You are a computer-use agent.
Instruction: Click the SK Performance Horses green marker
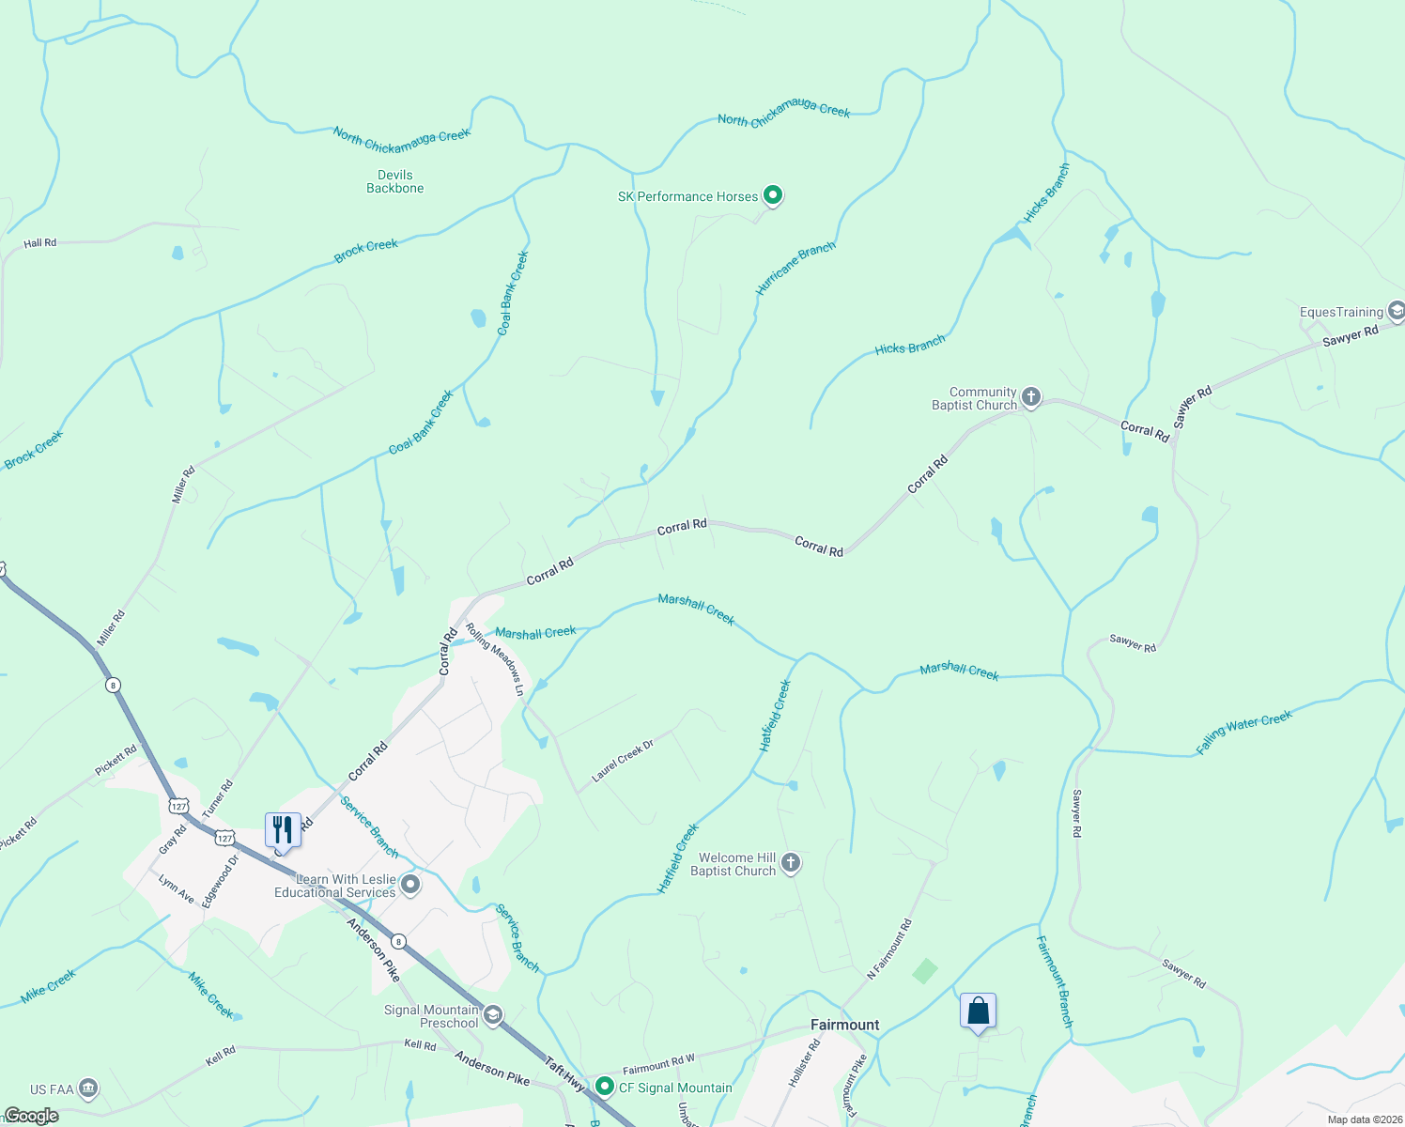coord(773,195)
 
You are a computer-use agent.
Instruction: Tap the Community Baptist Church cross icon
coord(1030,397)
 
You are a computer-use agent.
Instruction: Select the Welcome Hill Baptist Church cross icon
coord(791,863)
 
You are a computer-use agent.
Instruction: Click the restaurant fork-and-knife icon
coord(283,830)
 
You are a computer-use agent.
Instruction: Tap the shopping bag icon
coord(978,1011)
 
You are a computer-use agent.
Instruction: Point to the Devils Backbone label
coord(395,181)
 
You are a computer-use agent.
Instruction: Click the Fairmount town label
coord(845,1025)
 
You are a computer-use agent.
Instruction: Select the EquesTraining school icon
coord(1397,311)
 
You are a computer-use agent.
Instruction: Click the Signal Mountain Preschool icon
coord(493,1015)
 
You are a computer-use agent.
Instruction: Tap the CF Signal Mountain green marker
coord(605,1087)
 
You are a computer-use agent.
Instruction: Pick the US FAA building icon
coord(88,1088)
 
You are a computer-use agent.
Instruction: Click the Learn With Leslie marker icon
coord(409,885)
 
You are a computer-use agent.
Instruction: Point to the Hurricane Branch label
coord(795,269)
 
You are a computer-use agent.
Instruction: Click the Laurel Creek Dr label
coord(623,761)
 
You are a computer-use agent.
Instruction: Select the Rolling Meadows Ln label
coord(495,660)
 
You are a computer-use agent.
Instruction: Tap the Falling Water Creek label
coord(1244,732)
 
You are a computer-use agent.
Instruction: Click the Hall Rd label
coord(40,243)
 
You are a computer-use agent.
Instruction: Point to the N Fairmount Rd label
coord(889,949)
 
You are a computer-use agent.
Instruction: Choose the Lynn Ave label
coord(177,889)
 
